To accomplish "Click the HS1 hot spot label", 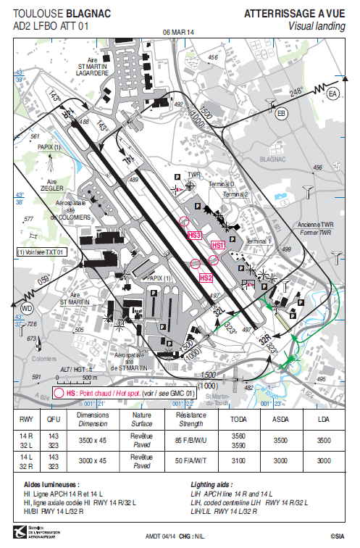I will click(218, 246).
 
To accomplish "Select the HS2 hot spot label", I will click(206, 278).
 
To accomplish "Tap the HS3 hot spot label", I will click(195, 236).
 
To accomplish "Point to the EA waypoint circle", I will click(332, 95).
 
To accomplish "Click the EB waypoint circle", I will click(282, 112).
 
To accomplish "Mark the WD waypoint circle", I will click(28, 308).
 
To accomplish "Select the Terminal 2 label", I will click(235, 194).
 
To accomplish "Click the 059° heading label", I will click(45, 280).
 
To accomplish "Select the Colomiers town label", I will click(43, 358).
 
